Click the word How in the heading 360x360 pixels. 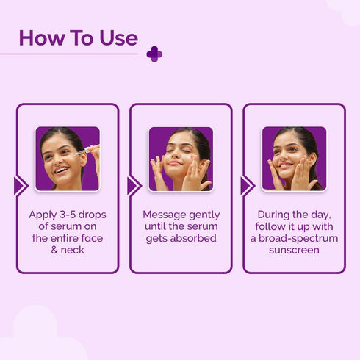coord(41,37)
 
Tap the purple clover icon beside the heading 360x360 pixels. coord(154,54)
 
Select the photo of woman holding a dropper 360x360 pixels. coord(68,159)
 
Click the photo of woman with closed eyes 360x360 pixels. coord(181,159)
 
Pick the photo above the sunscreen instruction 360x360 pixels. coord(294,159)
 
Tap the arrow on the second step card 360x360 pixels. coord(134,186)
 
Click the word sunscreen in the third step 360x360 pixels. coord(294,250)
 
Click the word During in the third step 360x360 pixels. coord(274,215)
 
